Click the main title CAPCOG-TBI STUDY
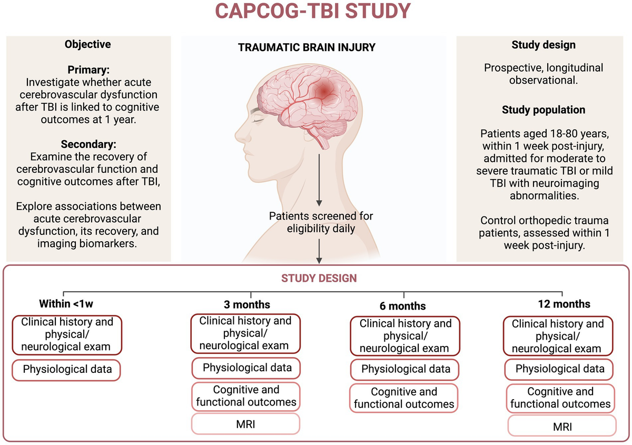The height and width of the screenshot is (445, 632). [x=316, y=11]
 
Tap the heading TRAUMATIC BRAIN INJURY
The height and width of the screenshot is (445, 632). [x=307, y=47]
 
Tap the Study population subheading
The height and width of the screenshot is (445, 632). [x=544, y=110]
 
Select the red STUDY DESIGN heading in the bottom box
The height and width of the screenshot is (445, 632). [x=318, y=278]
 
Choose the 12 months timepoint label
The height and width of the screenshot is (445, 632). [x=564, y=304]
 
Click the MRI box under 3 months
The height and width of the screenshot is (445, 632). [x=246, y=424]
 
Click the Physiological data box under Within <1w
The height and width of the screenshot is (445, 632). [x=67, y=369]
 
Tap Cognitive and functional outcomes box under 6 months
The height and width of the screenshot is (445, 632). [x=404, y=398]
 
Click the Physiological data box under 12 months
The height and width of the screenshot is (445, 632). [x=560, y=369]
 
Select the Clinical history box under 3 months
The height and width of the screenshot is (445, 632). [x=245, y=333]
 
